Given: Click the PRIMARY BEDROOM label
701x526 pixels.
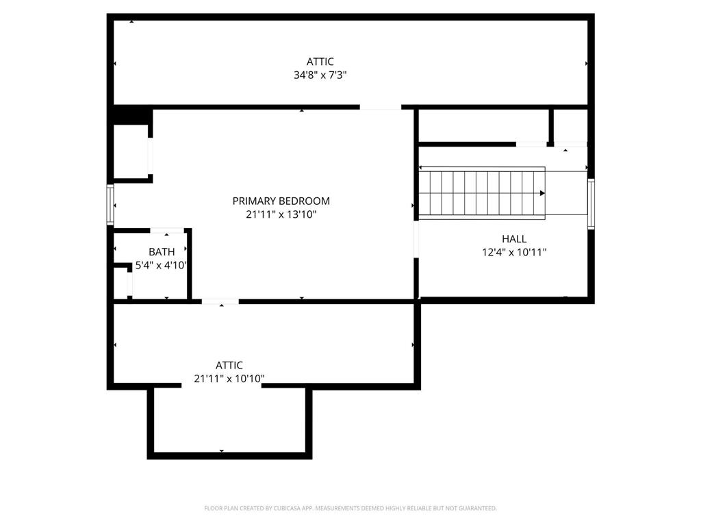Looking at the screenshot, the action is [x=281, y=201].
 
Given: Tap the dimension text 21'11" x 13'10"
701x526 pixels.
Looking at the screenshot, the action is [x=281, y=214].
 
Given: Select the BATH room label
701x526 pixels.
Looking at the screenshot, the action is [x=162, y=252].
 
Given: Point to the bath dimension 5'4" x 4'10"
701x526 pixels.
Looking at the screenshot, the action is [x=161, y=265].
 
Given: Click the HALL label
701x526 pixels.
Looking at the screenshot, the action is [x=514, y=239].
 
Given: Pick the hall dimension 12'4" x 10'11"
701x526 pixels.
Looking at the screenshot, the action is [x=514, y=252].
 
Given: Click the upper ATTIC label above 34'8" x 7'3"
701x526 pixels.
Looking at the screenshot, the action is [x=320, y=62].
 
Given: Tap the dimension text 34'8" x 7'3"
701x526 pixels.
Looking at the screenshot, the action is [x=320, y=75].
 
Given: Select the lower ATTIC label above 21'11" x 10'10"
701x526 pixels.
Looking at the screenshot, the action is [x=229, y=366].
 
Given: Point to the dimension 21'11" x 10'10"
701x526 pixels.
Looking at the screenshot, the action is [x=229, y=379].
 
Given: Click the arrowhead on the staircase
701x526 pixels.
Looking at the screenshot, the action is [x=542, y=193].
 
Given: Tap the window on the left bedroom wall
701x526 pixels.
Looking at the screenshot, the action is [x=110, y=204].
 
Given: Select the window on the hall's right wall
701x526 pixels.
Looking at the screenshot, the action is [x=591, y=204].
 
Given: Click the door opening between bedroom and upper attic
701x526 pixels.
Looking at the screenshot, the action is [x=381, y=108].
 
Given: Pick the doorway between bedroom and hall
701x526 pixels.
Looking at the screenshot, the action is [x=416, y=239].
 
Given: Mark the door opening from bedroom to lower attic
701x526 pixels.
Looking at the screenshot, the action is [x=220, y=302].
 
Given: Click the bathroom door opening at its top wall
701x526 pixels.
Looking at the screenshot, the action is [x=167, y=231].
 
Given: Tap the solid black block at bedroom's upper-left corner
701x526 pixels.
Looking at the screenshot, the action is [x=133, y=115].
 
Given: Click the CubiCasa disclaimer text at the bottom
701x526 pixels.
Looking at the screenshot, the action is [x=350, y=508].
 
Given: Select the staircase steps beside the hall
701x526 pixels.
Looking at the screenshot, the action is [x=482, y=193].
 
